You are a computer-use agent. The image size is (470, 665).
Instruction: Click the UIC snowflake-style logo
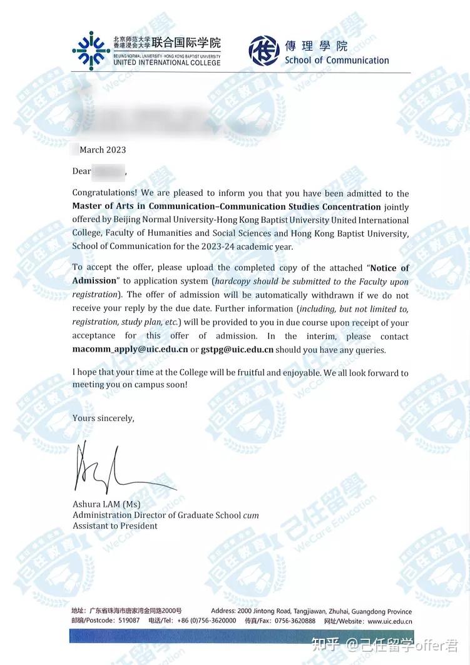[91, 51]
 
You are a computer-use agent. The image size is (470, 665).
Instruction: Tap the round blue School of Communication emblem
[264, 51]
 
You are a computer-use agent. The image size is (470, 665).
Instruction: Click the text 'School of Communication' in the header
[337, 61]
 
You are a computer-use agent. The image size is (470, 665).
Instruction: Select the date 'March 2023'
[103, 150]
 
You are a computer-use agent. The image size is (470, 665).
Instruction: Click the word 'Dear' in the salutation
[82, 171]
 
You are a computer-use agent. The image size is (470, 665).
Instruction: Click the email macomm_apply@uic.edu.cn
[130, 350]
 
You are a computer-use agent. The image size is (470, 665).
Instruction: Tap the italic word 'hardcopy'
[233, 282]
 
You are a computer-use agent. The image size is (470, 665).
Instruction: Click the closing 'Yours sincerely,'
[103, 418]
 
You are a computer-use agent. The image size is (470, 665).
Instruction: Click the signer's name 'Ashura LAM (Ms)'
[106, 504]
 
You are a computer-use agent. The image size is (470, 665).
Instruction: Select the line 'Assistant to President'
[115, 526]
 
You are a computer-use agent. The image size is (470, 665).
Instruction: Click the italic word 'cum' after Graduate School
[251, 515]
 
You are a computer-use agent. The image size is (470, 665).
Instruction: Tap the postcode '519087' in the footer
[129, 621]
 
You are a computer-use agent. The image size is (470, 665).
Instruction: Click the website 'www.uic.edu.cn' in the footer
[389, 621]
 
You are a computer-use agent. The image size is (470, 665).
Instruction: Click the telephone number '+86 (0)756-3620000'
[207, 621]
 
